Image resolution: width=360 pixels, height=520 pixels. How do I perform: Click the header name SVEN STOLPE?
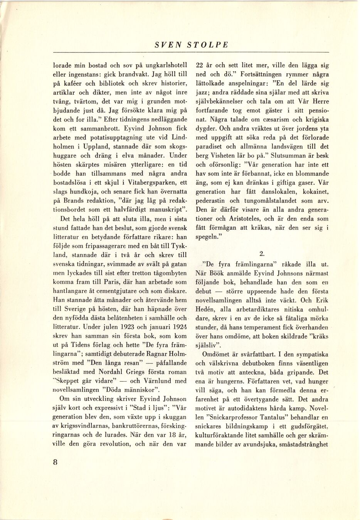tap(191, 45)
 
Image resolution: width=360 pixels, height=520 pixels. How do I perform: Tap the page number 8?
tap(56, 463)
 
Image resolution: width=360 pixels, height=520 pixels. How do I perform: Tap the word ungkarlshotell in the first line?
tap(163, 65)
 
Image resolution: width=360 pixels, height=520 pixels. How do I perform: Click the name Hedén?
tap(206, 309)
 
